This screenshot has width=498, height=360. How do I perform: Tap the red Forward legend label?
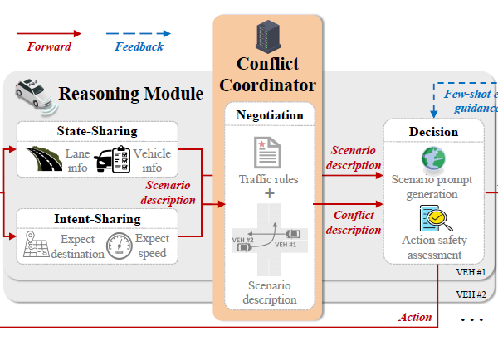click(49, 46)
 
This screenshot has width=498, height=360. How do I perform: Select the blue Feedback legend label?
click(139, 46)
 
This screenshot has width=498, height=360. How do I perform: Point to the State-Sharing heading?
click(97, 130)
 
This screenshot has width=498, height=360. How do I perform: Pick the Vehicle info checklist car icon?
click(111, 159)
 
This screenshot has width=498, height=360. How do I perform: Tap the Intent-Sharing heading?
click(97, 219)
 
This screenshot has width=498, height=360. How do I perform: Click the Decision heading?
click(433, 132)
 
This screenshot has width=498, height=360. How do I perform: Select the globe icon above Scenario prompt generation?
click(432, 159)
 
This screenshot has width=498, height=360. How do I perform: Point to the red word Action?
click(415, 317)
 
